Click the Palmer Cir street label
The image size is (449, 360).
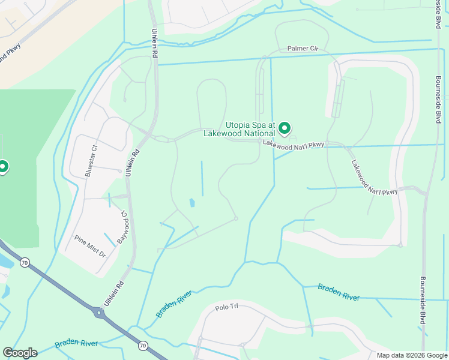(x=303, y=49)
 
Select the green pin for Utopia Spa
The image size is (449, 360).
(x=285, y=128)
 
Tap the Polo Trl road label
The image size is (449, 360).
(x=227, y=307)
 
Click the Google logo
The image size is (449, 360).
(x=20, y=353)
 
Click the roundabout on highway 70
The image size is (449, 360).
(x=98, y=313)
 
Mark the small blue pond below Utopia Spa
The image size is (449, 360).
(x=192, y=203)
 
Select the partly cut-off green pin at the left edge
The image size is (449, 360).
(x=3, y=167)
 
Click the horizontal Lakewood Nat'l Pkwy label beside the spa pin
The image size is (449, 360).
(x=293, y=145)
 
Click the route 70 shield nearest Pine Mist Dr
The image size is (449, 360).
(x=24, y=262)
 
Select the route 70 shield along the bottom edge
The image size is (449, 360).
(x=142, y=345)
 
